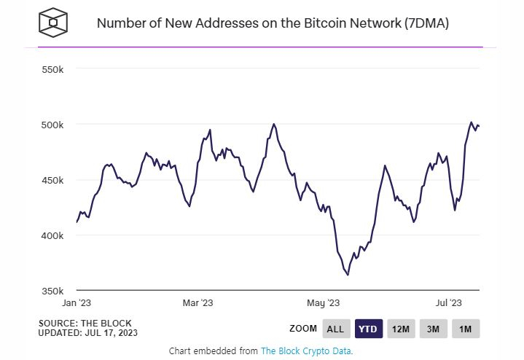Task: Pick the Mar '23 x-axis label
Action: [198, 302]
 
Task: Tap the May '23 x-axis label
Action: [324, 302]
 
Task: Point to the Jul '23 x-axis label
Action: [447, 302]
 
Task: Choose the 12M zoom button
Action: [402, 329]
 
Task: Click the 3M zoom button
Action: [434, 329]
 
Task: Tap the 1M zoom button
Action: [466, 329]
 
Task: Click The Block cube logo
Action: [53, 23]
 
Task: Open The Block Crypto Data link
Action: [306, 351]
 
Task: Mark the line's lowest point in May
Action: [348, 275]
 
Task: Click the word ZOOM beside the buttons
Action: [303, 329]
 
